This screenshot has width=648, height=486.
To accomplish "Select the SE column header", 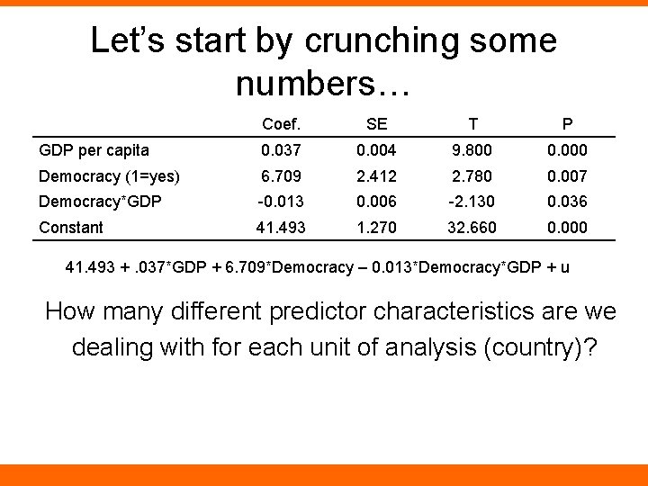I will (x=376, y=124).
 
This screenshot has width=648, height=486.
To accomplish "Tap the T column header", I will (x=472, y=124).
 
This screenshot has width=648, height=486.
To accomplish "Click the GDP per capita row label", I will (x=94, y=150).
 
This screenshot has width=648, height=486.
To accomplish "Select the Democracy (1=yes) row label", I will (x=109, y=176).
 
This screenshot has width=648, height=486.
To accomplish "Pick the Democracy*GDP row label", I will (x=100, y=202).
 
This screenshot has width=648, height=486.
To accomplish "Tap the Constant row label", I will (x=71, y=228).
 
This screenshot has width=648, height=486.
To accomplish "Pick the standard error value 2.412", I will (x=376, y=176).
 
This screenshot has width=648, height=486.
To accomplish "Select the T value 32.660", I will (x=472, y=228).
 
